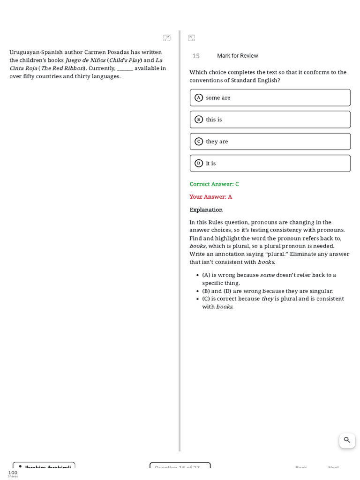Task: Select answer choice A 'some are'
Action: point(270,97)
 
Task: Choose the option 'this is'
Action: point(270,120)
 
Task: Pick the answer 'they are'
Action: point(270,142)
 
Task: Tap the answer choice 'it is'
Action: point(270,163)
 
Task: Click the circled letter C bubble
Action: point(199,142)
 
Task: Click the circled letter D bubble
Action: point(199,163)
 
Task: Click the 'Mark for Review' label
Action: point(237,56)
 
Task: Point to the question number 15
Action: point(196,56)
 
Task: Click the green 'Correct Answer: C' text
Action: point(214,184)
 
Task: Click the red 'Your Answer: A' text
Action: point(210,197)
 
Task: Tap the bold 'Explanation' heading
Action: point(206,210)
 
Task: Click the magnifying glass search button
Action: point(347,440)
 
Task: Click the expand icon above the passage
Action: point(167,38)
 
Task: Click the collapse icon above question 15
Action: point(191,38)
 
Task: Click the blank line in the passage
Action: point(125,68)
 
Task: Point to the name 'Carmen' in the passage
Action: point(95,52)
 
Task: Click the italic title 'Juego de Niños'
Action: point(85,60)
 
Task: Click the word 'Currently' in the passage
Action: point(102,68)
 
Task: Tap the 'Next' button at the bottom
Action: point(333,468)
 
